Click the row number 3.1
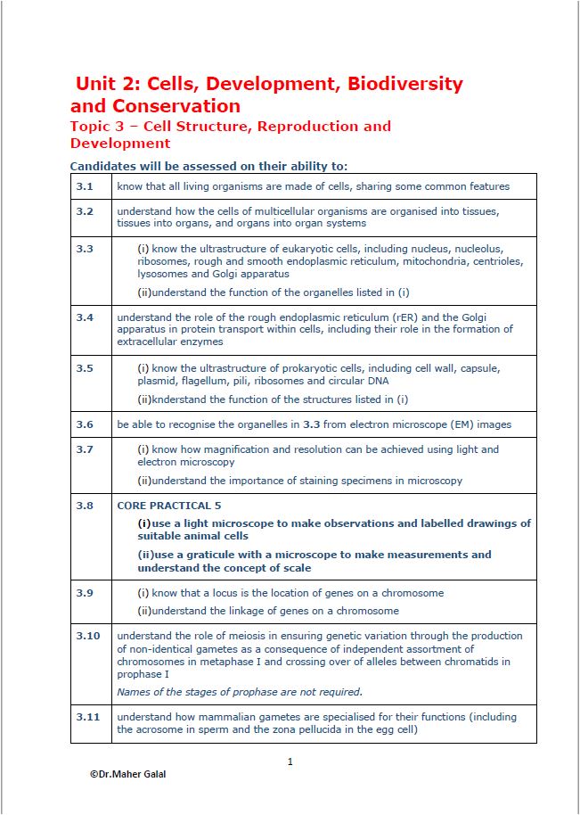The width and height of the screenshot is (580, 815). [x=85, y=186]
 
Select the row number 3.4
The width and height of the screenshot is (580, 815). [x=85, y=317]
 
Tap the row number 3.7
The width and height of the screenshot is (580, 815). [x=85, y=449]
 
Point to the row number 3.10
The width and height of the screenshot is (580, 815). [x=87, y=636]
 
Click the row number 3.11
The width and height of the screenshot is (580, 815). [x=87, y=717]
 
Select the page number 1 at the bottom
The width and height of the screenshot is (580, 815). [x=290, y=761]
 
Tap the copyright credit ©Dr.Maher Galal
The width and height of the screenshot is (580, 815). [x=127, y=774]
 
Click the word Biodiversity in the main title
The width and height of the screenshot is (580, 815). [x=405, y=84]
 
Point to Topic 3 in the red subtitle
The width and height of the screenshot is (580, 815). [x=99, y=127]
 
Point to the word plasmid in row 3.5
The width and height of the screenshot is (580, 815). [x=157, y=381]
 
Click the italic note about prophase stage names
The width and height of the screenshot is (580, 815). [x=240, y=692]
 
